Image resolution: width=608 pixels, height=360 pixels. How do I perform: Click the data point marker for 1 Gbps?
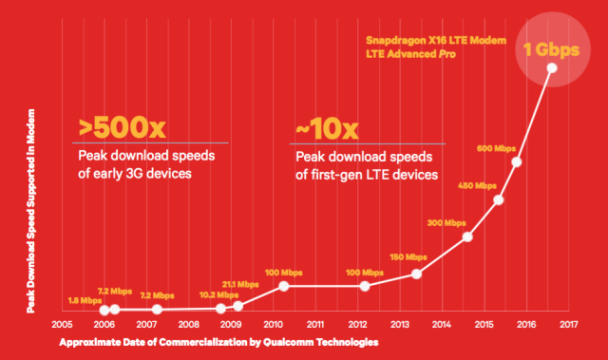551,68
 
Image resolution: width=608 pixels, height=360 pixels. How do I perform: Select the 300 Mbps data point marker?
466,237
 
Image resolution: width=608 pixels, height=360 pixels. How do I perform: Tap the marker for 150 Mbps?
416,274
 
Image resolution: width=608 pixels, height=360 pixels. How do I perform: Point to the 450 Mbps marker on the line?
499,199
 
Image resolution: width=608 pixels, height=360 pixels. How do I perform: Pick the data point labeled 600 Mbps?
517,161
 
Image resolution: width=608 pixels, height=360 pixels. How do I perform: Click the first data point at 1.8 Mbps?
103,310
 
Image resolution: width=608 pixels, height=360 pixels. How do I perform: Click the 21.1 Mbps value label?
241,284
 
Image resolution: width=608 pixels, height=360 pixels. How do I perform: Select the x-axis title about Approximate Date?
219,341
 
